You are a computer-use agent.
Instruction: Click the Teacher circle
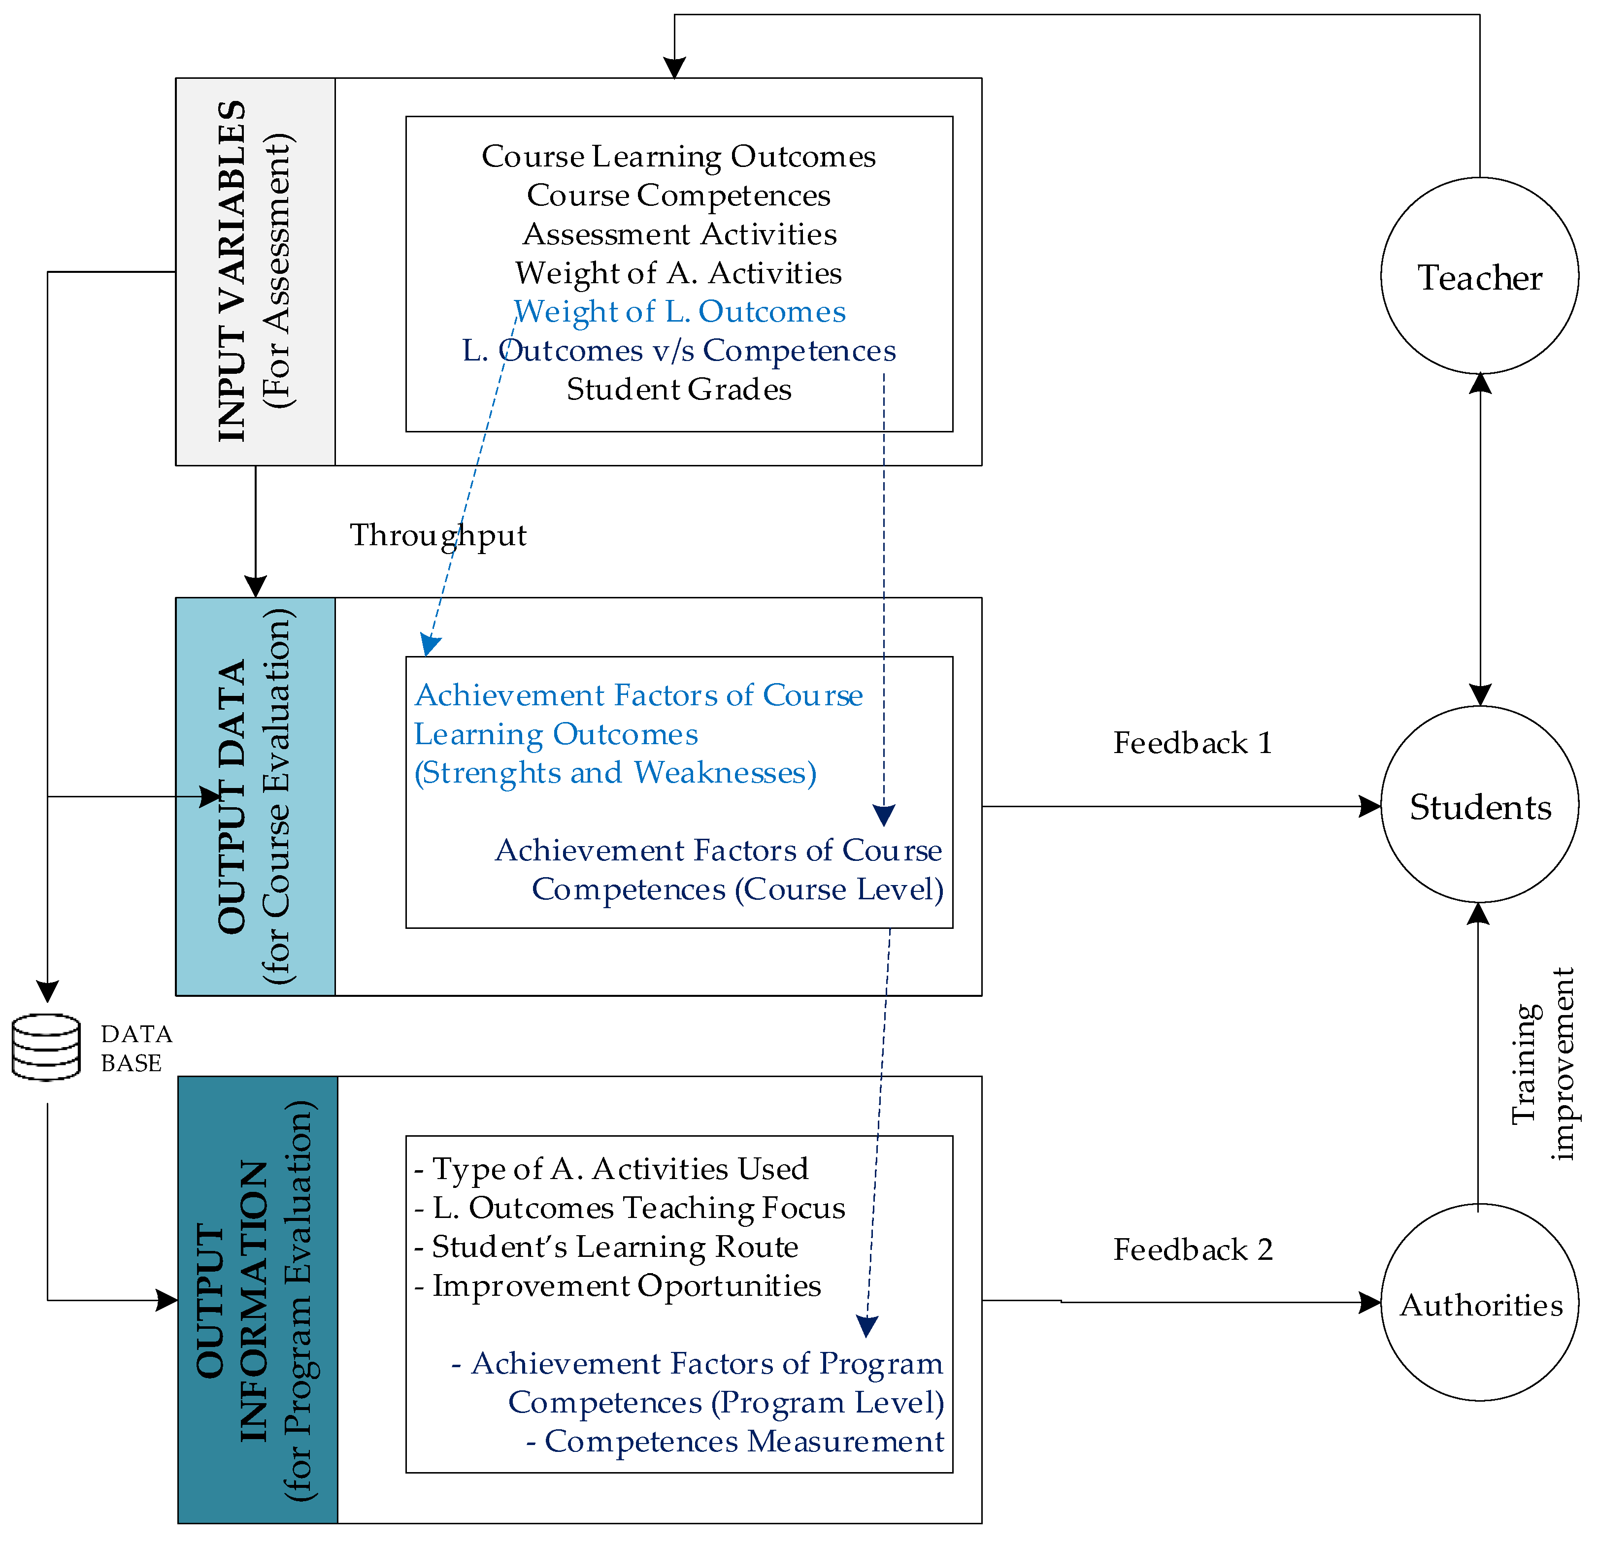click(1479, 276)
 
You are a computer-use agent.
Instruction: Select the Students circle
click(1479, 805)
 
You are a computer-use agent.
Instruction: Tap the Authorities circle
click(1479, 1304)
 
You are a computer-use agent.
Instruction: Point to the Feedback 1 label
click(1192, 743)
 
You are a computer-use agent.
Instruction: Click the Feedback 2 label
click(1192, 1249)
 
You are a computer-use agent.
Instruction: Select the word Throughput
click(438, 535)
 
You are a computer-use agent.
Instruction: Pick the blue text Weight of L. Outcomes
click(679, 311)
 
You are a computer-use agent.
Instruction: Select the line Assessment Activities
click(679, 234)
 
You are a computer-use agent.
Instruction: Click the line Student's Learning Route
click(613, 1247)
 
